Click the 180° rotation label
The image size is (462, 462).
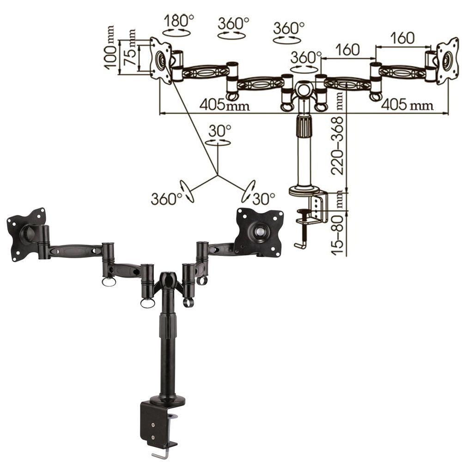click(179, 21)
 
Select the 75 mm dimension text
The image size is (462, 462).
click(130, 48)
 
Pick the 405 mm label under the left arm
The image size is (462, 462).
click(224, 104)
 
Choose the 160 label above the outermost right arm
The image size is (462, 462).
click(402, 38)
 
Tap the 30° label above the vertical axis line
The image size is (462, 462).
click(220, 131)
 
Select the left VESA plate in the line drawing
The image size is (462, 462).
click(161, 61)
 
